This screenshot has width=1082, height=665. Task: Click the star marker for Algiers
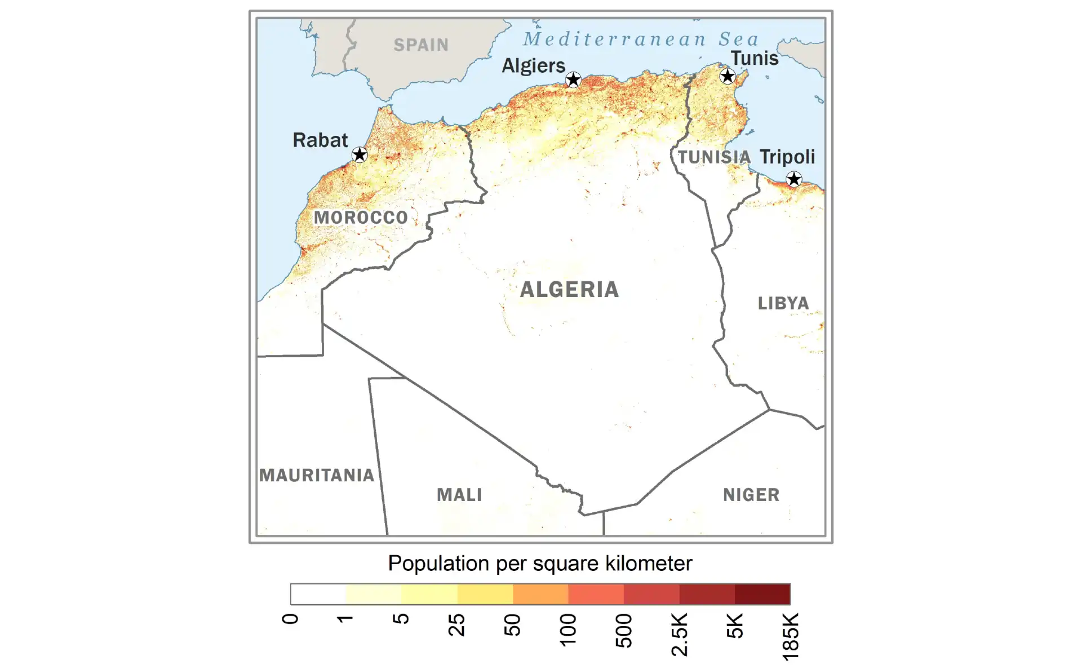click(573, 79)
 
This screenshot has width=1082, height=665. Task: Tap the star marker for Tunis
click(728, 76)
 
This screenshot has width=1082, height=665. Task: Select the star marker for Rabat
click(360, 154)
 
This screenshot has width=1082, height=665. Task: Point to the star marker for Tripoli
click(794, 179)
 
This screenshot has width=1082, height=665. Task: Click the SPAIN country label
click(421, 45)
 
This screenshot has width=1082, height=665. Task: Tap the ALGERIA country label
click(569, 290)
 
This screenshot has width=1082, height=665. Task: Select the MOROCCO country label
click(361, 218)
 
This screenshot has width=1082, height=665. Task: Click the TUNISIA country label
click(714, 157)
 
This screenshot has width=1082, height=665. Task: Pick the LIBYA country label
click(783, 303)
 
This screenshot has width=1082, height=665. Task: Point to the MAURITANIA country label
click(317, 475)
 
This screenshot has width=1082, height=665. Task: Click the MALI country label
click(459, 495)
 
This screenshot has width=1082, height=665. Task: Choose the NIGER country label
click(751, 495)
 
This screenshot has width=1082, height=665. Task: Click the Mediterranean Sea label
click(641, 39)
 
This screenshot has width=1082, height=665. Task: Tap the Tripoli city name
click(787, 157)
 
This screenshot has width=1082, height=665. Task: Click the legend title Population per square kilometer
click(540, 564)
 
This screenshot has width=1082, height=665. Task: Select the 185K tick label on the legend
click(791, 636)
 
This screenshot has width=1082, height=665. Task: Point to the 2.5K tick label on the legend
click(680, 635)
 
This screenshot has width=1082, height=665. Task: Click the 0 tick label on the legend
click(290, 619)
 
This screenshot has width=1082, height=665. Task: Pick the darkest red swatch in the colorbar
click(762, 594)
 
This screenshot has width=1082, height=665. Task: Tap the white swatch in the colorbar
click(318, 594)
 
